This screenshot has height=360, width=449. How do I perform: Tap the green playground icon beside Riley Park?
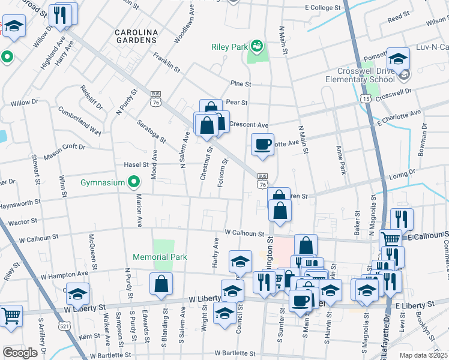point(257,45)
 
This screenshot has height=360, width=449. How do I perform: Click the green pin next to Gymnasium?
point(134,182)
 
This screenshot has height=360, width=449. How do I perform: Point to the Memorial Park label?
point(160,257)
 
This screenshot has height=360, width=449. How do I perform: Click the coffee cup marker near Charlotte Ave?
point(262,145)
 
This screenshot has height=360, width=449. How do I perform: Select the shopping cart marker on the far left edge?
point(11,316)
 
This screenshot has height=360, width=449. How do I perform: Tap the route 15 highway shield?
point(366,97)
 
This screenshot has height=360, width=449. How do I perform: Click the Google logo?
point(20,352)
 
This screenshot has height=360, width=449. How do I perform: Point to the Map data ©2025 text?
point(423,355)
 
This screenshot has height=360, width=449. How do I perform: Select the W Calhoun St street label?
point(244,233)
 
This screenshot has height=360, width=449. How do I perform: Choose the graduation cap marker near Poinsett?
point(397,59)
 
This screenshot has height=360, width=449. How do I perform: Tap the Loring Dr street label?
point(402,175)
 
